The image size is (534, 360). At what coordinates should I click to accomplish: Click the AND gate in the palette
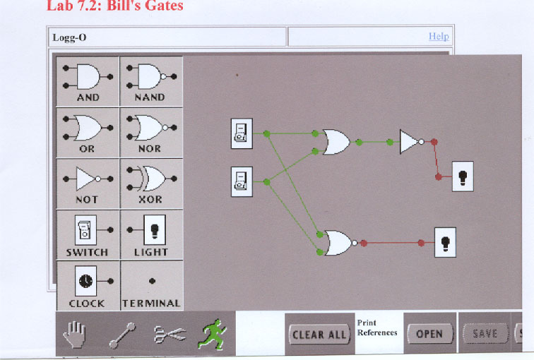click(88, 81)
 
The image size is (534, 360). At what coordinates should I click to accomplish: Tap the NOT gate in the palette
click(88, 184)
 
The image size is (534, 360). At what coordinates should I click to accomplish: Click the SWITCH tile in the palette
click(88, 235)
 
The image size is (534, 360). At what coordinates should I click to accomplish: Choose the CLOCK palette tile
click(88, 286)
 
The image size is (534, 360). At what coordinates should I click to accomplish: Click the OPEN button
click(429, 334)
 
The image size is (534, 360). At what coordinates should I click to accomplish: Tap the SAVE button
click(485, 334)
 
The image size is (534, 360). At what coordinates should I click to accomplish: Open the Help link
click(438, 37)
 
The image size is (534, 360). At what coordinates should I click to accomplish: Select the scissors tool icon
click(170, 333)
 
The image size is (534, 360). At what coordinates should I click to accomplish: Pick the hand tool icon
click(74, 333)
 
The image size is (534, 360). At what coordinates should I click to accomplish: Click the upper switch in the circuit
click(242, 133)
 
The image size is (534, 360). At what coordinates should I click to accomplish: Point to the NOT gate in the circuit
click(410, 142)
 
